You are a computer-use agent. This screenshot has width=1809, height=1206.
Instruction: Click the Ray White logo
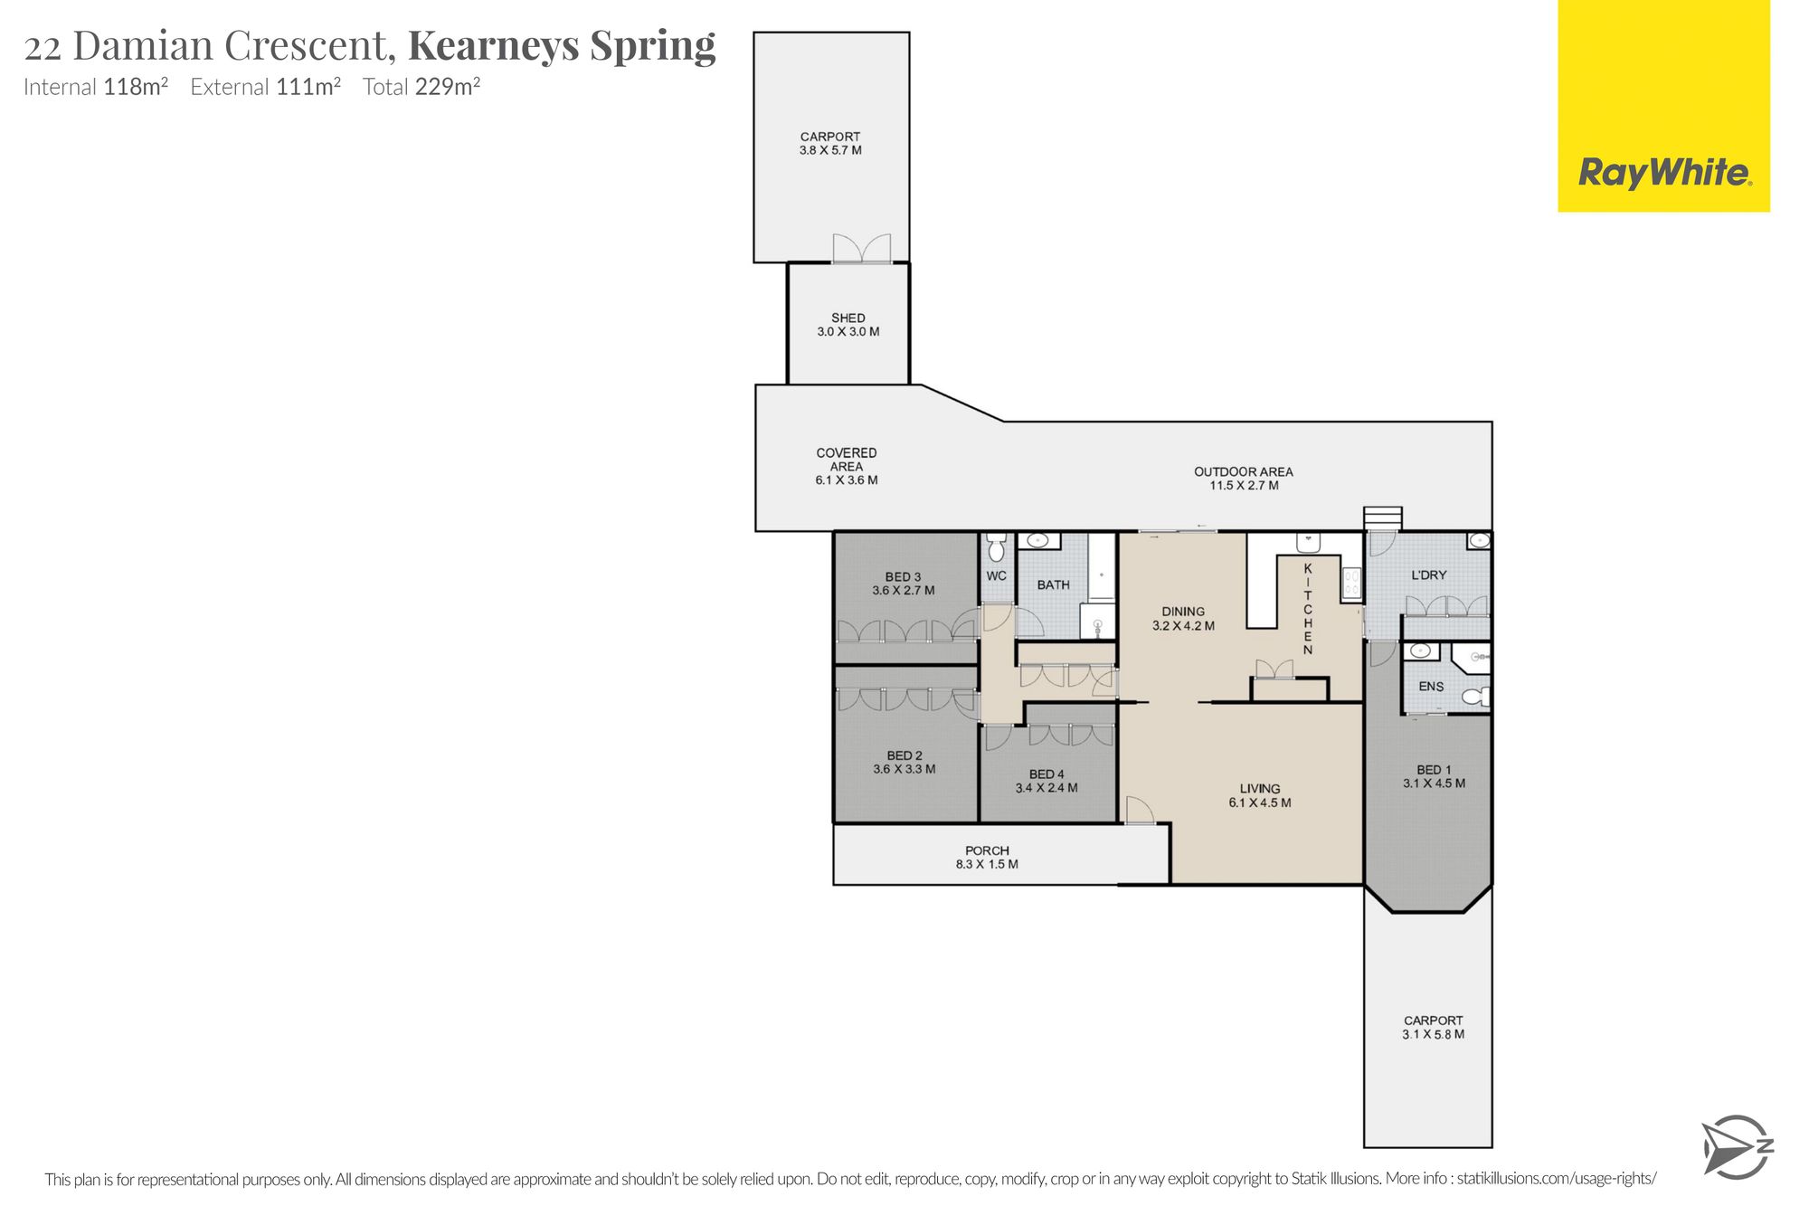coord(1663,106)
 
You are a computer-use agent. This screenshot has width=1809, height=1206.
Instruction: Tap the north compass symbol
coord(1737,1147)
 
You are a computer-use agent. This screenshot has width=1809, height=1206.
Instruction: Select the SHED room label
coord(848,318)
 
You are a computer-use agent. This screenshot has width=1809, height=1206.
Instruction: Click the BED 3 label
coord(903,576)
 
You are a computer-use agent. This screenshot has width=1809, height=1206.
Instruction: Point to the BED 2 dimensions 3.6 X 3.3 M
coord(904,769)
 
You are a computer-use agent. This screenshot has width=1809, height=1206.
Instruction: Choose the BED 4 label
coord(1047,774)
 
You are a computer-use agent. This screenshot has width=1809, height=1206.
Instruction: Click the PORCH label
coord(987,850)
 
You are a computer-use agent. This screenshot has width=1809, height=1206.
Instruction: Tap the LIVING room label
coord(1260,788)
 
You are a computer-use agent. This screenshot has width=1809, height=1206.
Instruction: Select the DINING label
coord(1183,612)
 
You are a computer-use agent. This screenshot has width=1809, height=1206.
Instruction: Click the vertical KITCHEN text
coord(1307,609)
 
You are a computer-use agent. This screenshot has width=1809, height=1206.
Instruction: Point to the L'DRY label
coord(1429,575)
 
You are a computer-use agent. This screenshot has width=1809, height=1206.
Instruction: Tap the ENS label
coord(1431,687)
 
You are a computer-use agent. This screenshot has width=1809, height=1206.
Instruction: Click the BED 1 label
coord(1434,770)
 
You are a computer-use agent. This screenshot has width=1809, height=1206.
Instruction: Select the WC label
coord(996,575)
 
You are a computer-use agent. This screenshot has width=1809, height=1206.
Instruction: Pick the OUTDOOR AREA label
coord(1244,471)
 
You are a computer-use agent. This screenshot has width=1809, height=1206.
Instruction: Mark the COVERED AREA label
coord(847,460)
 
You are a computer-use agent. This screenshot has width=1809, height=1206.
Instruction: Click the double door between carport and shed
coord(862,249)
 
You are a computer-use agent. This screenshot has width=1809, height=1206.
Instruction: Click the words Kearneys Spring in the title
coord(562,45)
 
